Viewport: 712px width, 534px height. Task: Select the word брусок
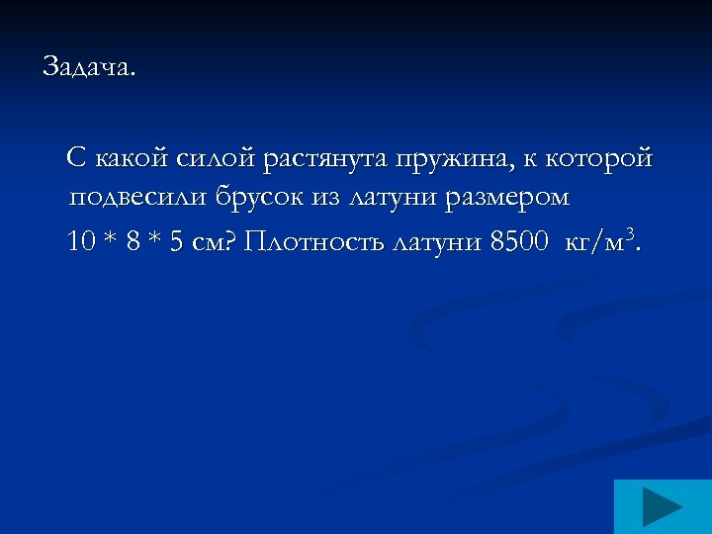tap(258, 199)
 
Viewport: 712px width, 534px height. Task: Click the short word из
tap(327, 199)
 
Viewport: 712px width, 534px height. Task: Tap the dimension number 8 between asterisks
tap(133, 242)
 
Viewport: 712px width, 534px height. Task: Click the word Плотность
tap(313, 242)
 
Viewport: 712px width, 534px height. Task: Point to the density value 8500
tap(517, 242)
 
